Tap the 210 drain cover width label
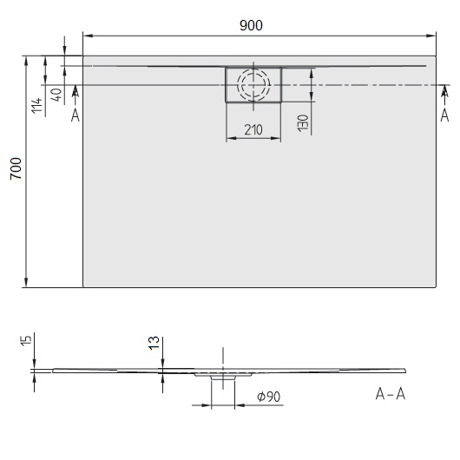pyautogui.click(x=253, y=130)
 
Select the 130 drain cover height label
pyautogui.click(x=301, y=122)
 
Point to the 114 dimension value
pyautogui.click(x=36, y=107)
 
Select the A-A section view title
pyautogui.click(x=390, y=395)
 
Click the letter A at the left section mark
pyautogui.click(x=76, y=114)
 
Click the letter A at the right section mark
pyautogui.click(x=445, y=114)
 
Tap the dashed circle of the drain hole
pyautogui.click(x=253, y=85)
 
